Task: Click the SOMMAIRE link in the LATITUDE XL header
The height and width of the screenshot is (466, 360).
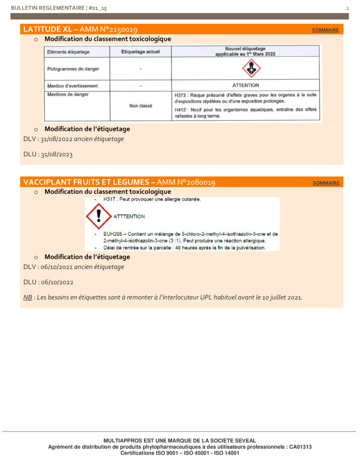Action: pos(325,30)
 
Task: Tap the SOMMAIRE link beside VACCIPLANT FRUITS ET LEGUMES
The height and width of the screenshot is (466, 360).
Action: pos(326,183)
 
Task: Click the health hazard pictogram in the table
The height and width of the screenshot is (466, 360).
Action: pos(251,69)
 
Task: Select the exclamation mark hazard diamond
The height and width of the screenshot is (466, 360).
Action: pos(98,216)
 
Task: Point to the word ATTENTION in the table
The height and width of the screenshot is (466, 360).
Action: pos(246,86)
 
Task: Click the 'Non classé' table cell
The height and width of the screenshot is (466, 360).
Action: pos(141,106)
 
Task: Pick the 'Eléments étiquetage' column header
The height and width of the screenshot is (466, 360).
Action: pos(68,52)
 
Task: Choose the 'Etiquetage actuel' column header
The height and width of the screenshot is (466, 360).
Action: pos(141,52)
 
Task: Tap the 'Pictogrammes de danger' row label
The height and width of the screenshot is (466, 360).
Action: pos(73,69)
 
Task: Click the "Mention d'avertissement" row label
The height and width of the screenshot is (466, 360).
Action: pos(72,86)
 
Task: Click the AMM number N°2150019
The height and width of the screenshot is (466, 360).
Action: pos(116,30)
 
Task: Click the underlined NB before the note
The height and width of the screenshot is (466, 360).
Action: pos(28,298)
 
